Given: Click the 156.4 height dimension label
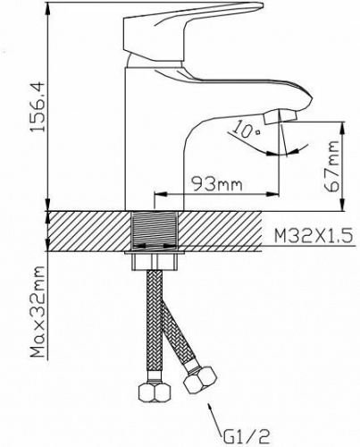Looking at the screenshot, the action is tap(38, 106).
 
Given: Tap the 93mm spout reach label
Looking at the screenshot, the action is tap(216, 185).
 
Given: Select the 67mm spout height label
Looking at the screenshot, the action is tap(331, 166).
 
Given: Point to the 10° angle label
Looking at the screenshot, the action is tap(246, 129).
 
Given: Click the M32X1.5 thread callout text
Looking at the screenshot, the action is tap(314, 236).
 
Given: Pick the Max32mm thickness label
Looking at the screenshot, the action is tap(38, 311).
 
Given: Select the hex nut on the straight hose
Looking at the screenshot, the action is tap(155, 391).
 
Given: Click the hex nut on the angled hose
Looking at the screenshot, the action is tap(200, 380).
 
